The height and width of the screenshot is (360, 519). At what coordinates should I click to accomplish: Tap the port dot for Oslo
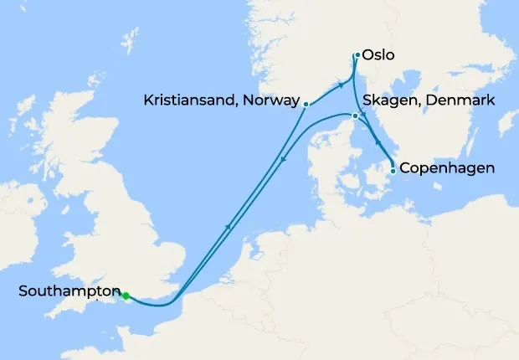tap(357, 55)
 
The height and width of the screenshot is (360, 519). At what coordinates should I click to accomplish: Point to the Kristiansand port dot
tap(306, 105)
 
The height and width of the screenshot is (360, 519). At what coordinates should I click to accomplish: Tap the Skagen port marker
tap(356, 116)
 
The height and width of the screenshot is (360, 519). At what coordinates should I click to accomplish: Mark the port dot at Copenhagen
tap(393, 171)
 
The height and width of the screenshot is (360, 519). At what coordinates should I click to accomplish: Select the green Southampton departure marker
tap(126, 296)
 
